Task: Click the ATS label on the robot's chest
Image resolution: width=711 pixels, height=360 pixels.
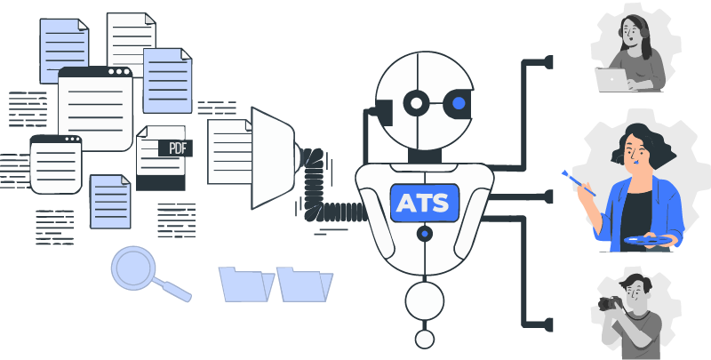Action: pos(424,203)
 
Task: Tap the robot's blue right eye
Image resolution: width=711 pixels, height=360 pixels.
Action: pos(459,104)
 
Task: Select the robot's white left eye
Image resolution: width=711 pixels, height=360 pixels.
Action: pos(415,104)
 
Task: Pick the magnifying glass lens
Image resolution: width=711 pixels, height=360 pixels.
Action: pos(133,267)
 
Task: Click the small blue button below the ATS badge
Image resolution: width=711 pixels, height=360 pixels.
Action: pos(425,234)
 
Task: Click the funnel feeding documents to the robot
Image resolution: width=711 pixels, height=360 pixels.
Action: pos(271,158)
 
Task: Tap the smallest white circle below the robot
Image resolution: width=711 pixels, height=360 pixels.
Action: pos(425,339)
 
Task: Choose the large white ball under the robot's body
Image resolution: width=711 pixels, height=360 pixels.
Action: pos(425,300)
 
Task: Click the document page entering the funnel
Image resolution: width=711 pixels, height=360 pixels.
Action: pos(229,152)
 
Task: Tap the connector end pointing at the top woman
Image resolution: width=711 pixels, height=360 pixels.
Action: pos(547,61)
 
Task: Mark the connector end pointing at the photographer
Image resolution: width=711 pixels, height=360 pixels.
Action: pos(547,324)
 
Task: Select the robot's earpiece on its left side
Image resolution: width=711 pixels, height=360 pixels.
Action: pos(383,111)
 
